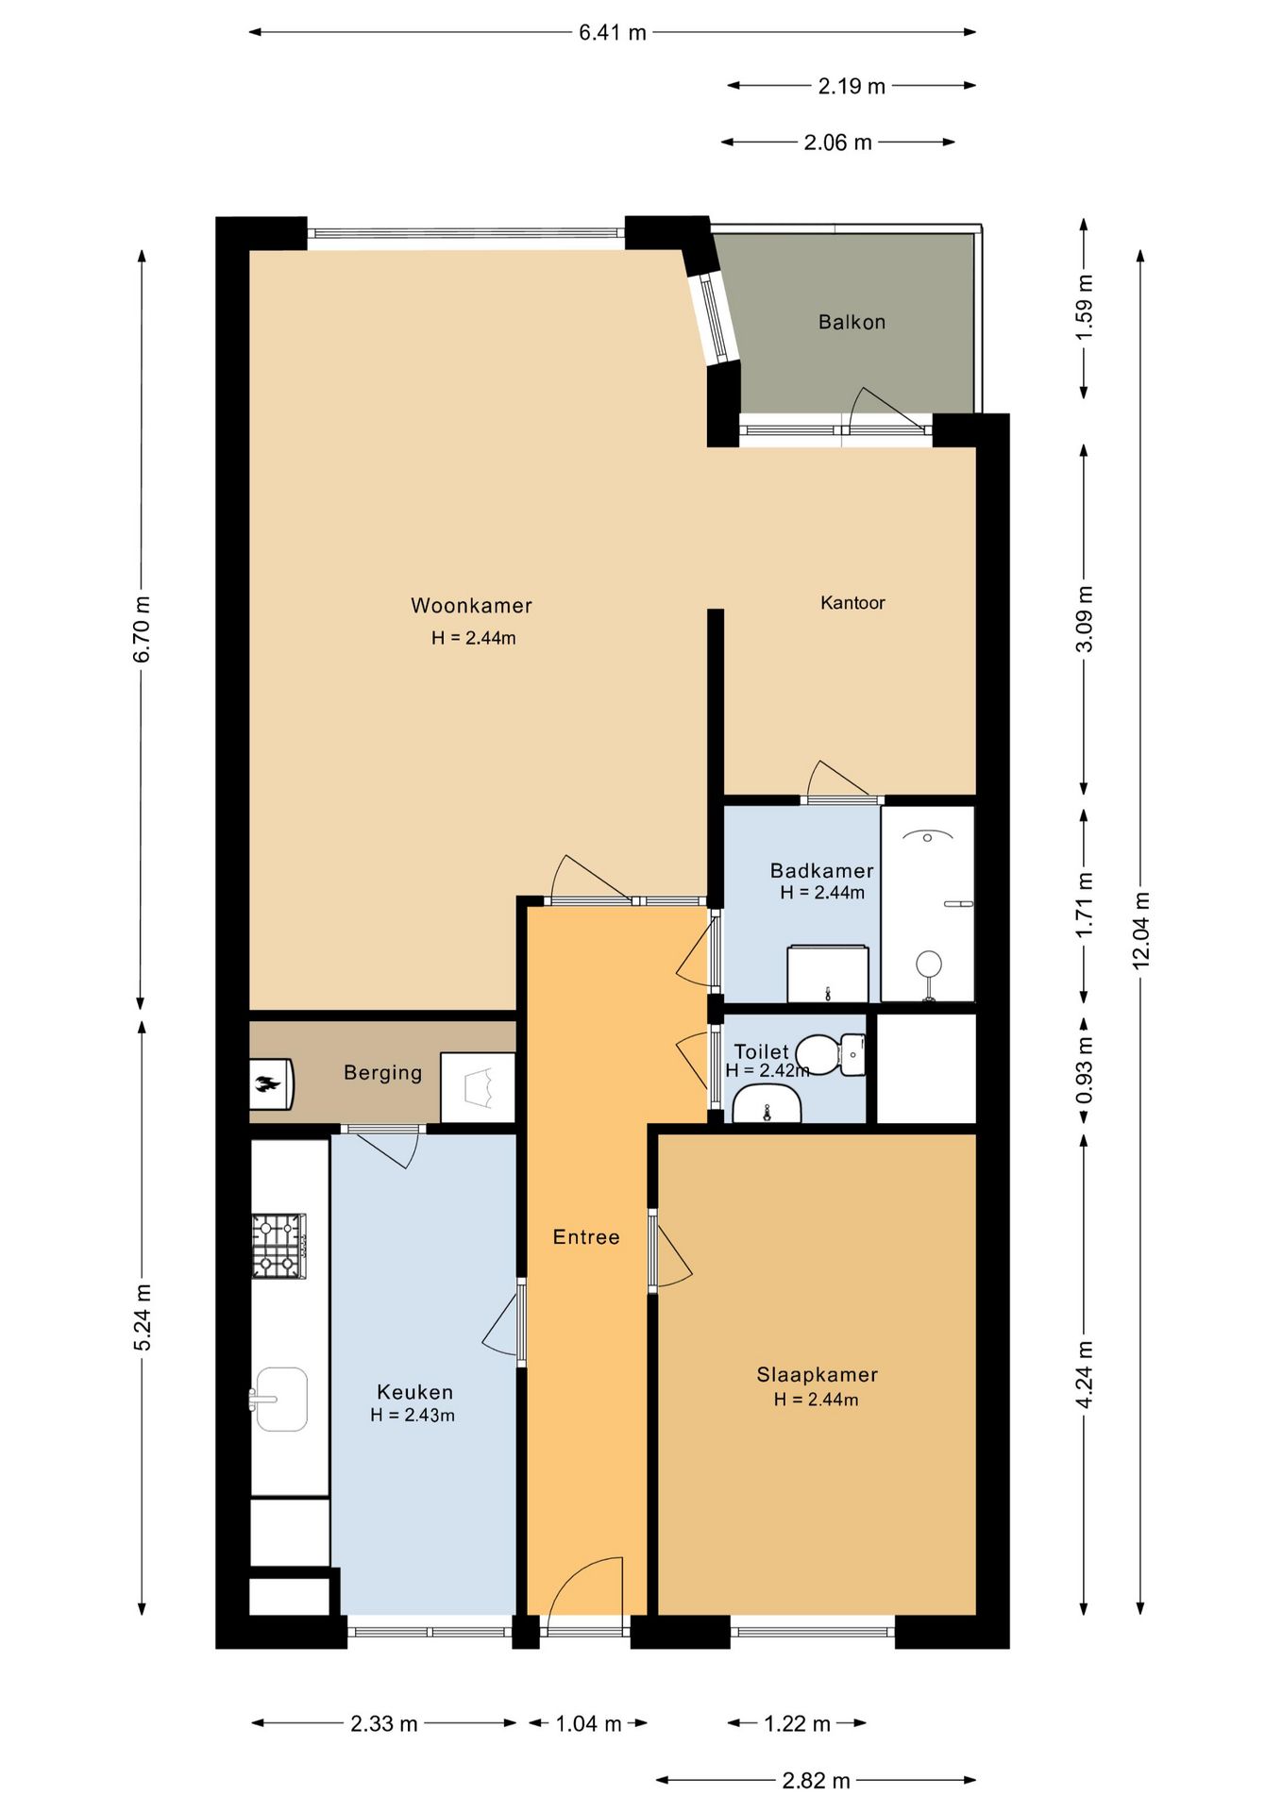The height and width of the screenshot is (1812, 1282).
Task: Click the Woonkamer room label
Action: click(471, 606)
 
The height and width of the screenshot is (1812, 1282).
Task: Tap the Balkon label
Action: click(852, 322)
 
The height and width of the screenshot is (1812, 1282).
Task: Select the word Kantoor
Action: click(852, 603)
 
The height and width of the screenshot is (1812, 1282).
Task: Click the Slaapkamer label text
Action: click(817, 1375)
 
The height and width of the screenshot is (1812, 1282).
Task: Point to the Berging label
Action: click(382, 1073)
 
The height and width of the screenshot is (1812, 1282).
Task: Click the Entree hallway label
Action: click(586, 1237)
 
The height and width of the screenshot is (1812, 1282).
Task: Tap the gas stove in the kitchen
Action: click(278, 1246)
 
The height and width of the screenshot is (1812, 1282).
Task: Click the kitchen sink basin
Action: click(279, 1399)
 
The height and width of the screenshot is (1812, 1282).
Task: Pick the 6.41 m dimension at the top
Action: click(613, 33)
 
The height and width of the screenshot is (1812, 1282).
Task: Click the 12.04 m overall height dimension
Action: click(1141, 930)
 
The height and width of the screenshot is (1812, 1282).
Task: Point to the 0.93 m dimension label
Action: click(1085, 1070)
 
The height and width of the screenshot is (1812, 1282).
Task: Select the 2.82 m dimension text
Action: click(817, 1781)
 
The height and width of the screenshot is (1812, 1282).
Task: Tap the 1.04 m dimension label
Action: click(588, 1724)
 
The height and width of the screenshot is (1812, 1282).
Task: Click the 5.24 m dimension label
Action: click(143, 1317)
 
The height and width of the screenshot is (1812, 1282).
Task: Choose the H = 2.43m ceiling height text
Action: click(413, 1416)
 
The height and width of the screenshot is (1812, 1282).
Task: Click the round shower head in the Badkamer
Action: click(929, 964)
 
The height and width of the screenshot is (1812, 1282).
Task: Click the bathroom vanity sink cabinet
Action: click(828, 973)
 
